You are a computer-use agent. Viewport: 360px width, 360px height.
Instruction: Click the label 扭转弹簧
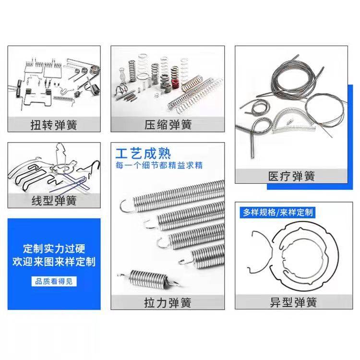(x=54, y=125)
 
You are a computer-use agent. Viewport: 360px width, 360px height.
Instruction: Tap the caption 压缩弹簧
(x=168, y=125)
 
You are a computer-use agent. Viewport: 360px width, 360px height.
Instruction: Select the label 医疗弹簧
(x=291, y=176)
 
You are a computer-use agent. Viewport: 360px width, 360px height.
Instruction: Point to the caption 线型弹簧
(x=54, y=201)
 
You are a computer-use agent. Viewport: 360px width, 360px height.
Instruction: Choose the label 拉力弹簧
(x=168, y=302)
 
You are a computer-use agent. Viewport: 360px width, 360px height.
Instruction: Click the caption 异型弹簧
(x=293, y=302)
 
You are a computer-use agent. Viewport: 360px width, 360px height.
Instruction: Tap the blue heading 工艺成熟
(x=143, y=154)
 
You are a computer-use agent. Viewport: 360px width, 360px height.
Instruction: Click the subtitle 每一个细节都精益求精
(x=159, y=165)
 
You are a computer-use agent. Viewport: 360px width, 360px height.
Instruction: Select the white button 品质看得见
(x=54, y=281)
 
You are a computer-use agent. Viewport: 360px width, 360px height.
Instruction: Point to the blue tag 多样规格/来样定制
(x=277, y=212)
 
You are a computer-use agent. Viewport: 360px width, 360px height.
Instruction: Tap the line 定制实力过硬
(x=54, y=249)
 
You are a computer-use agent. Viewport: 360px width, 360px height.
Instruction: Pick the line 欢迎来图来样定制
(x=54, y=262)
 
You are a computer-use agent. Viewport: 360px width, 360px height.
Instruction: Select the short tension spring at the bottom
(x=148, y=278)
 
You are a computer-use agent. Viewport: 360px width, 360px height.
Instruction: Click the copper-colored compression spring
(x=192, y=84)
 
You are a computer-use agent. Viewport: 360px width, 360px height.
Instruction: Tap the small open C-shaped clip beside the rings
(x=260, y=252)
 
